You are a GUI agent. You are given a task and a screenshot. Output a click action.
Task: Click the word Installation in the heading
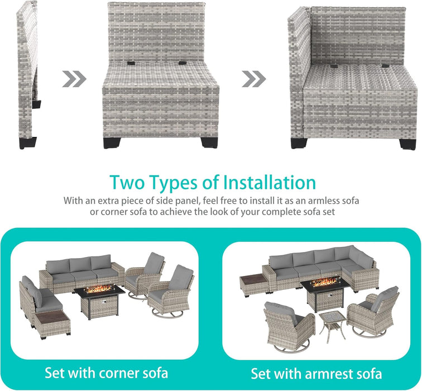tap(270, 183)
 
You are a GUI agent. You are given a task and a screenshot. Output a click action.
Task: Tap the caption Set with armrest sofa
tap(316, 373)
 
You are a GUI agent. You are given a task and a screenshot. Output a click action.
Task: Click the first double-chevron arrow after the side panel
tap(74, 79)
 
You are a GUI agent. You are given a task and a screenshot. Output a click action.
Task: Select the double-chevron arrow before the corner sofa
tap(255, 79)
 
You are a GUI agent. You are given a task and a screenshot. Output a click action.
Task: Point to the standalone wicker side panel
tap(28, 73)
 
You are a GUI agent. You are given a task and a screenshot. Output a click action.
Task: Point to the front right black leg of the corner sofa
tap(408, 143)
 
